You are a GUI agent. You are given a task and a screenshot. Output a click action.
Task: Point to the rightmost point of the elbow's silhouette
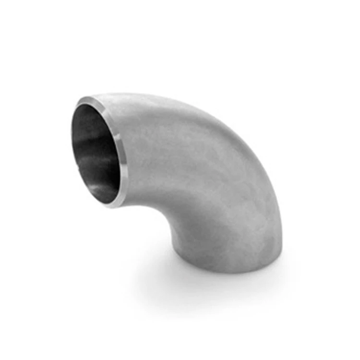tap(282, 240)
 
